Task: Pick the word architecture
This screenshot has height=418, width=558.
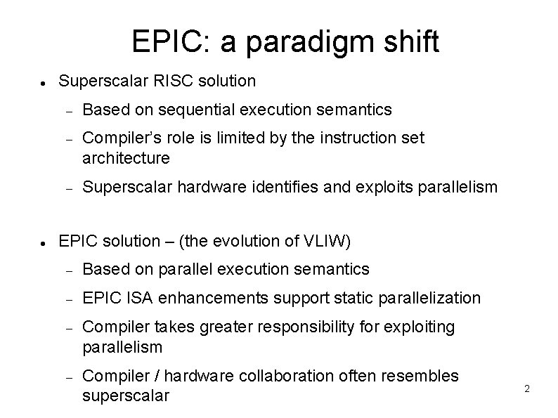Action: coord(126,158)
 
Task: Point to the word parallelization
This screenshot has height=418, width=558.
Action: coord(429,298)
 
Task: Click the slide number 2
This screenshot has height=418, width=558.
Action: coord(527,388)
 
